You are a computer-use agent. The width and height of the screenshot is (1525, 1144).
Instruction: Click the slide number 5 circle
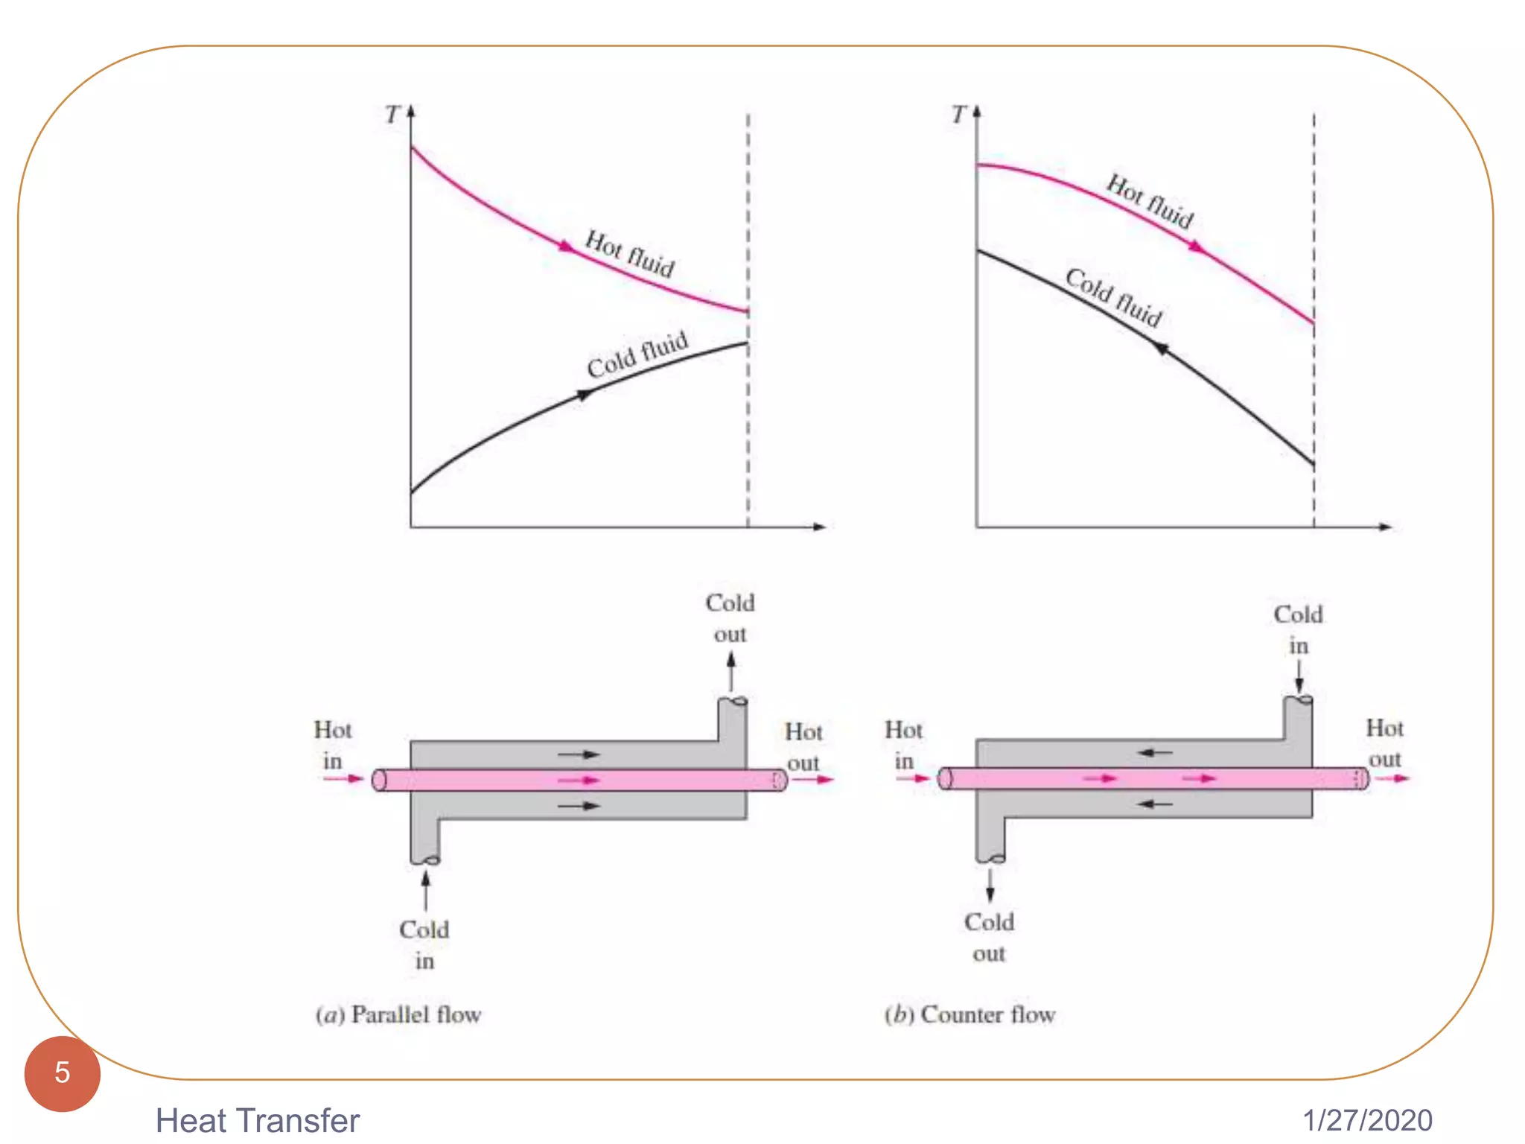click(x=62, y=1072)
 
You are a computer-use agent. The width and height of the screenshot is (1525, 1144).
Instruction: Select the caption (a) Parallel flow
click(x=398, y=1014)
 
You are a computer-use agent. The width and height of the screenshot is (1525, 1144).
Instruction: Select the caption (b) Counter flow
click(x=970, y=1014)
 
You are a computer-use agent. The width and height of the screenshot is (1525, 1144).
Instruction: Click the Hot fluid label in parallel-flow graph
click(x=630, y=254)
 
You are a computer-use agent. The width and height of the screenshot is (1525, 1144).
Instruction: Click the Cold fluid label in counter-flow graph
click(x=1113, y=297)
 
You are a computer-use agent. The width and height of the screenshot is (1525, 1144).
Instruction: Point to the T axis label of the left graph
click(x=392, y=115)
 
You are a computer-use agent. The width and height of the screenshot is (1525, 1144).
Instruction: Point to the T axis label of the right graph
click(x=958, y=115)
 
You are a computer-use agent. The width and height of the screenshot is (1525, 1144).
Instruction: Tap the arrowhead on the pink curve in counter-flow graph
click(x=1196, y=247)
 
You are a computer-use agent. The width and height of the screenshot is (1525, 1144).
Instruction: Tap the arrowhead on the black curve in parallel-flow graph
click(x=586, y=395)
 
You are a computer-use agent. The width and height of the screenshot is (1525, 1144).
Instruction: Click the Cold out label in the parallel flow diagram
click(x=730, y=618)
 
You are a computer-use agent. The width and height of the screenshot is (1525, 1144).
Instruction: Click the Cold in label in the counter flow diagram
click(x=1298, y=630)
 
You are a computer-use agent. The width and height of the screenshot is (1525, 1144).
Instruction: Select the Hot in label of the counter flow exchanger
click(x=903, y=745)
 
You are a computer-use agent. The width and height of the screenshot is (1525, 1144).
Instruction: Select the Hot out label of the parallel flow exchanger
click(x=803, y=747)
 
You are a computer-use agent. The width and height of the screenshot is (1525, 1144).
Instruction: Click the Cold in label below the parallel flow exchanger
click(x=424, y=944)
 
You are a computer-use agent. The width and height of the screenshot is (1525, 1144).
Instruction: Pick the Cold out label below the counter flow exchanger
click(x=989, y=937)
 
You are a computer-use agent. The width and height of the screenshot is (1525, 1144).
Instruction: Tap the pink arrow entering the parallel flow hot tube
click(x=343, y=779)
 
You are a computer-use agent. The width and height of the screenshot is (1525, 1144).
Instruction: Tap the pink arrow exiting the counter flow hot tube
click(x=1392, y=778)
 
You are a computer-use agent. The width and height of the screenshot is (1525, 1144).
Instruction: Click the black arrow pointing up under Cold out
click(x=731, y=671)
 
